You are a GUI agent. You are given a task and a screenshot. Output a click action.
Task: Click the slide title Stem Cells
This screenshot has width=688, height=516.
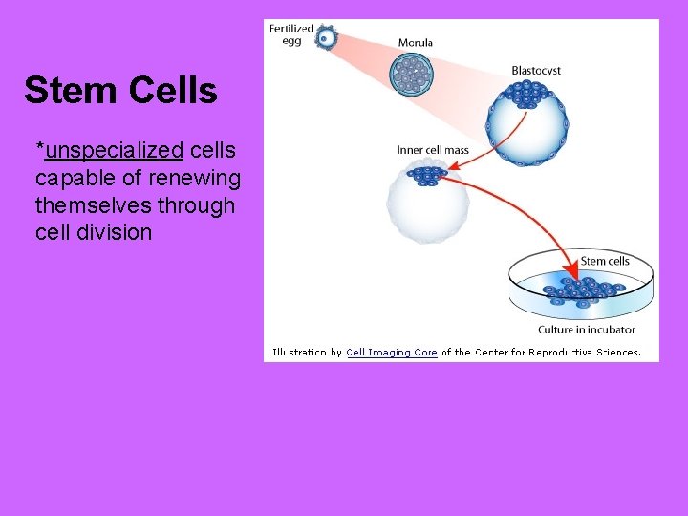[120, 91]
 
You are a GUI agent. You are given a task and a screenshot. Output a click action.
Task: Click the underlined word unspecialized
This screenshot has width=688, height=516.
[114, 151]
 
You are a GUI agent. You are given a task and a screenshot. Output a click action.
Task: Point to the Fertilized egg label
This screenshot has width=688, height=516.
[291, 33]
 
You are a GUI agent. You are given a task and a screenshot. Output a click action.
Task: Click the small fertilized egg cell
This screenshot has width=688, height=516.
[327, 38]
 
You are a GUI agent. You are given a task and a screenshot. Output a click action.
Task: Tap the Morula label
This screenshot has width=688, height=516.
[416, 43]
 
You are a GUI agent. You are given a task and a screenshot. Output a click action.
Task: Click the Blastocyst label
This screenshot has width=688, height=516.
[536, 70]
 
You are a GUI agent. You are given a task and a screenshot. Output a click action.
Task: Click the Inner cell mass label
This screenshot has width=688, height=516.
[433, 150]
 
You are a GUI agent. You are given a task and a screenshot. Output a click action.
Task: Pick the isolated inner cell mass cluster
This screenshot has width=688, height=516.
[426, 176]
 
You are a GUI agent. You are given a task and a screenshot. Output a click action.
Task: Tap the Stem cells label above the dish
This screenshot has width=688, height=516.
[605, 261]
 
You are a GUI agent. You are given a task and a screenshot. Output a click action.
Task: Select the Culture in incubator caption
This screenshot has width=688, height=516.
[586, 330]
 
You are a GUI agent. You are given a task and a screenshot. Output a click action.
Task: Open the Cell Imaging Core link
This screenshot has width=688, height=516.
[392, 352]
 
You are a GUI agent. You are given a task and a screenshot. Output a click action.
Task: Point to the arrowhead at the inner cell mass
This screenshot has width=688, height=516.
[453, 168]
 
